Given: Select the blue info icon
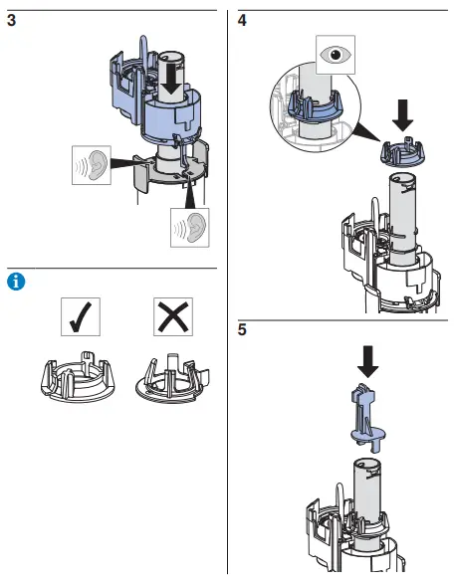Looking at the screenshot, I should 15,282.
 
